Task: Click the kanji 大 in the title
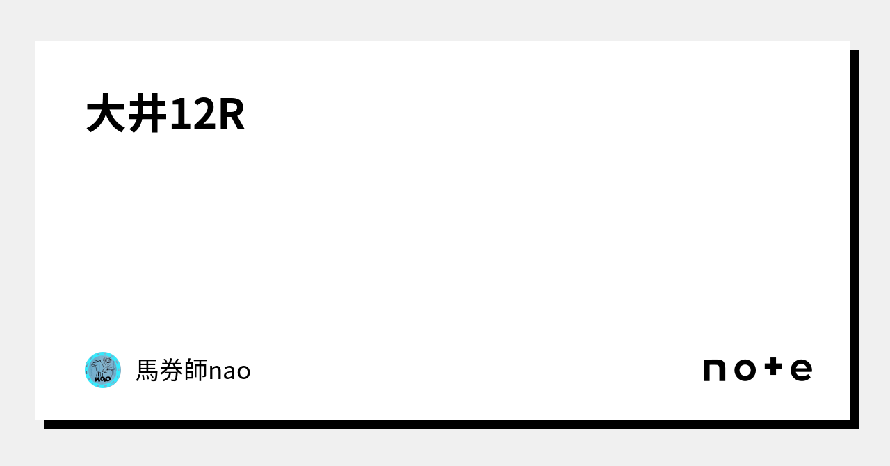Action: [x=106, y=115]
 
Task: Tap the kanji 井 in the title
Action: [x=147, y=115]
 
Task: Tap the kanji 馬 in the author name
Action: [x=147, y=371]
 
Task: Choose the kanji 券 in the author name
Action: [x=172, y=371]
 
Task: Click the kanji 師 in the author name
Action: [x=196, y=371]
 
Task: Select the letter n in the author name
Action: [x=215, y=372]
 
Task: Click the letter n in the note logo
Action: [x=715, y=370]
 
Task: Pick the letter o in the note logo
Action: [x=745, y=370]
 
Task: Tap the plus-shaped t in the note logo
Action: [x=774, y=368]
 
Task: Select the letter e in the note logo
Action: [x=801, y=370]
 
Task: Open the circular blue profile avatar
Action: [x=103, y=370]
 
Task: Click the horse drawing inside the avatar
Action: [x=97, y=367]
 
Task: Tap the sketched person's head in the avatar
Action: [x=107, y=362]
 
